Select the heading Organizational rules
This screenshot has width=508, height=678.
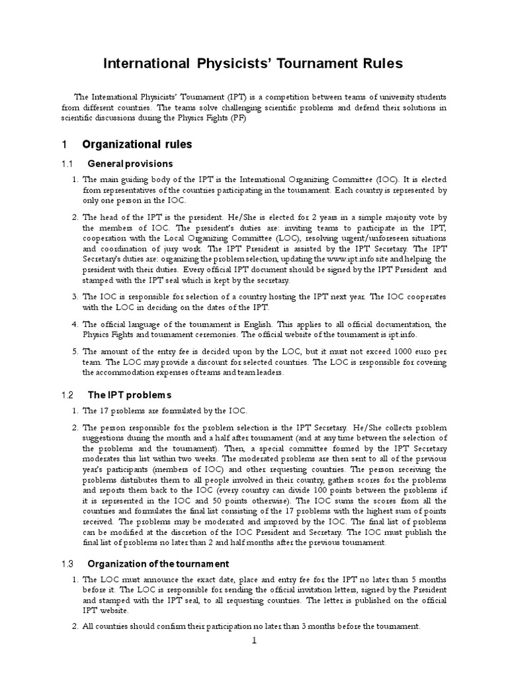click(x=137, y=144)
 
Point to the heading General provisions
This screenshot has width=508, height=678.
click(x=130, y=164)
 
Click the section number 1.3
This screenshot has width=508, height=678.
click(x=67, y=563)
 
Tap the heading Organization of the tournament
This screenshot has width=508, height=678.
click(x=158, y=563)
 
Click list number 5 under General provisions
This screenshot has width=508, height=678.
click(x=74, y=352)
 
